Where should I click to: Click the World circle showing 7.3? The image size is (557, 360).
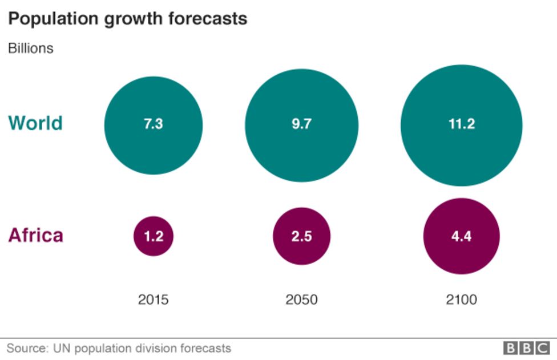coord(153,125)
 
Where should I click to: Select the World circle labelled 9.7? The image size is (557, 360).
coord(301,125)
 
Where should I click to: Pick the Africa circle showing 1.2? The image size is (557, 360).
coord(153,236)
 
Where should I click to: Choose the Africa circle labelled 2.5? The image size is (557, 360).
coord(301,236)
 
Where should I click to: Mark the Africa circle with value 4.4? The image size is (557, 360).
coord(461,236)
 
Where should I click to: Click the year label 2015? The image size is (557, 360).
coord(153,299)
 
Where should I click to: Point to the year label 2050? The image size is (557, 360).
coord(301,299)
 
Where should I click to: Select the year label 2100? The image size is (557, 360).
coord(461,299)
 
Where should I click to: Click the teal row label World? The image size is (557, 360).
coord(35,123)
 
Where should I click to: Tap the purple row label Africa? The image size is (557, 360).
coord(35,235)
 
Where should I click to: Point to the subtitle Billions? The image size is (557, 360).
coord(30,48)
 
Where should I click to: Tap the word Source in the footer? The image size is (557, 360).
coord(26,348)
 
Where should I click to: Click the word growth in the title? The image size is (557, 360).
coord(131,19)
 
